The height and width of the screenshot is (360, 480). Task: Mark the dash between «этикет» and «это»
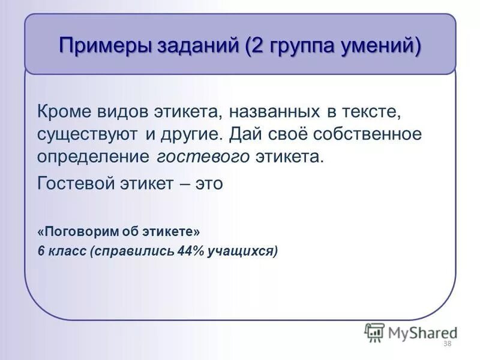pos(184,184)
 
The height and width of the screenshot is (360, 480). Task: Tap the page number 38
pos(446,344)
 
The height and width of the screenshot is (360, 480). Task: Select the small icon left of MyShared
pos(374,332)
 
